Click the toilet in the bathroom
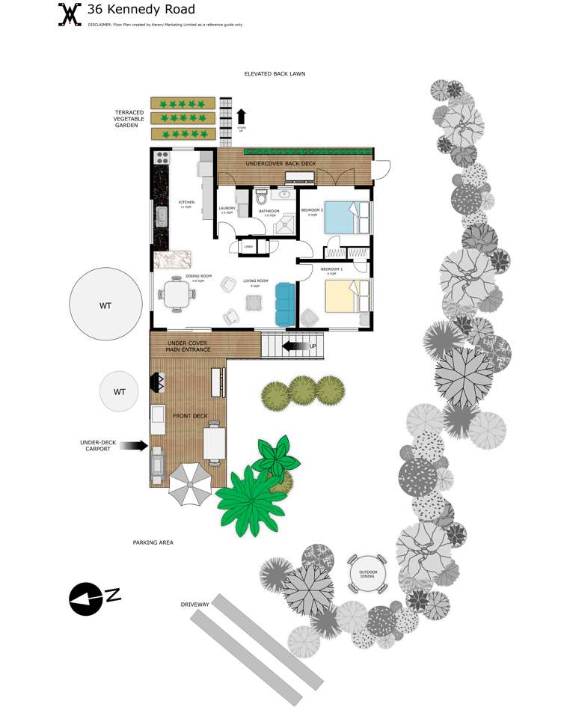tap(261, 198)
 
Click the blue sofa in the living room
tap(285, 304)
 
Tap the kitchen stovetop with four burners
tap(162, 158)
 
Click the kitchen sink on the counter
tap(161, 217)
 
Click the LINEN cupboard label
tap(248, 246)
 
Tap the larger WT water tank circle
tap(105, 305)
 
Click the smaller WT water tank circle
tap(120, 391)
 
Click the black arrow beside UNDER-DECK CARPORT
tap(133, 446)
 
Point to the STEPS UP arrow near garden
tap(241, 116)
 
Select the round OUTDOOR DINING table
tap(367, 574)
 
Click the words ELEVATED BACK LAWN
tap(275, 74)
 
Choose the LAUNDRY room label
tap(227, 208)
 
